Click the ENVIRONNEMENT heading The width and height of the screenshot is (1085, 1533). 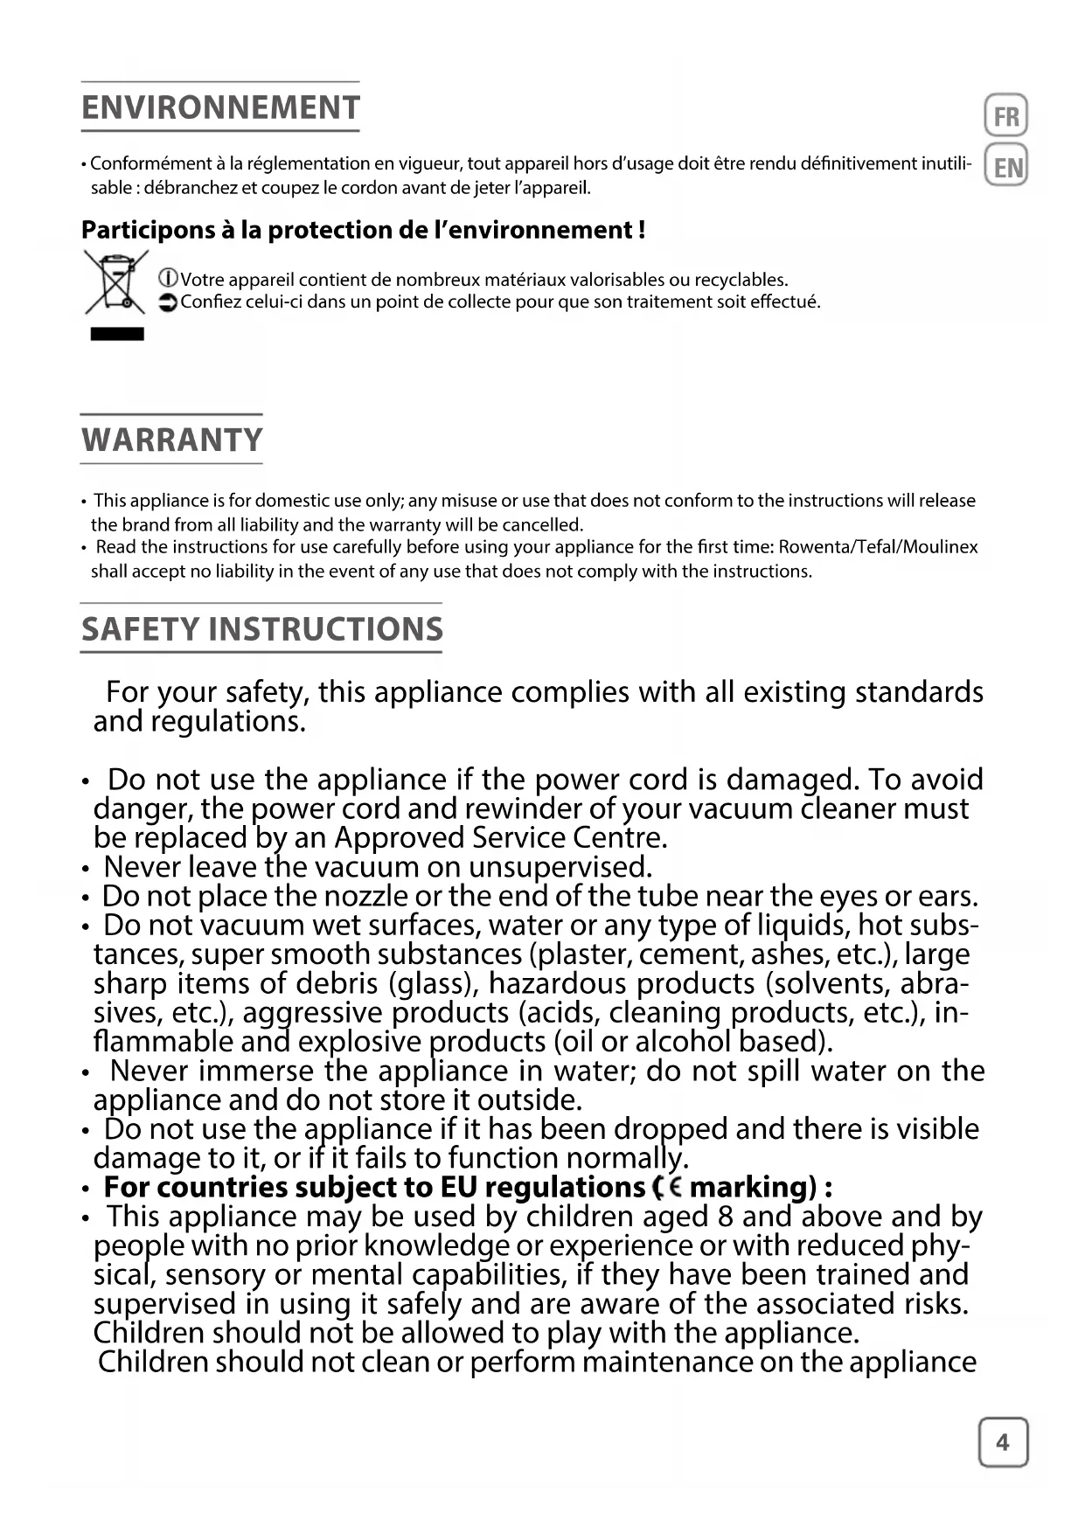tap(220, 108)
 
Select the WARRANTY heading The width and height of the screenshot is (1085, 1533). tap(172, 440)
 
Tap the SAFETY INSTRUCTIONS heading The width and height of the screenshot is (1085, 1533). tap(262, 629)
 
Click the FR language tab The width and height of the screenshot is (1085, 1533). tap(1006, 116)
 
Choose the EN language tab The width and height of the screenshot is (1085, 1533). tap(1006, 167)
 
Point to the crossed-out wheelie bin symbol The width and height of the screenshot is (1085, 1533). tap(115, 282)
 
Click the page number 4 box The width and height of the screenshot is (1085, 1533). tap(1003, 1442)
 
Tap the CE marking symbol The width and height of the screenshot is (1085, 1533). tap(669, 1187)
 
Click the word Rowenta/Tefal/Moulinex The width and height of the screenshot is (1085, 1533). tap(878, 547)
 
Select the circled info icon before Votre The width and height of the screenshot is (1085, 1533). tap(168, 280)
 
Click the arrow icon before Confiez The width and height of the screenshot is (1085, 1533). tap(168, 302)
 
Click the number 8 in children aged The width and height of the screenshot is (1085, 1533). tap(725, 1217)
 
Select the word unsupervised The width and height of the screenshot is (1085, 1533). tap(560, 867)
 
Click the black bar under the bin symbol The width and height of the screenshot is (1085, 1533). tap(117, 334)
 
